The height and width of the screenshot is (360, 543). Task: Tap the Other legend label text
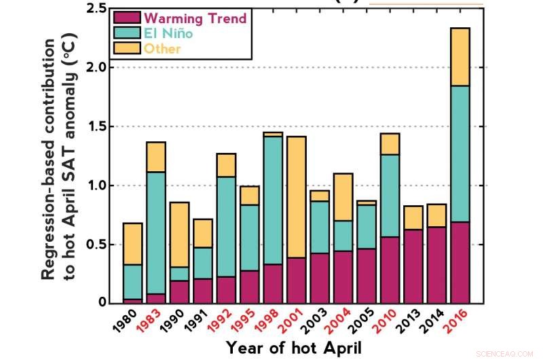[x=164, y=48]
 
